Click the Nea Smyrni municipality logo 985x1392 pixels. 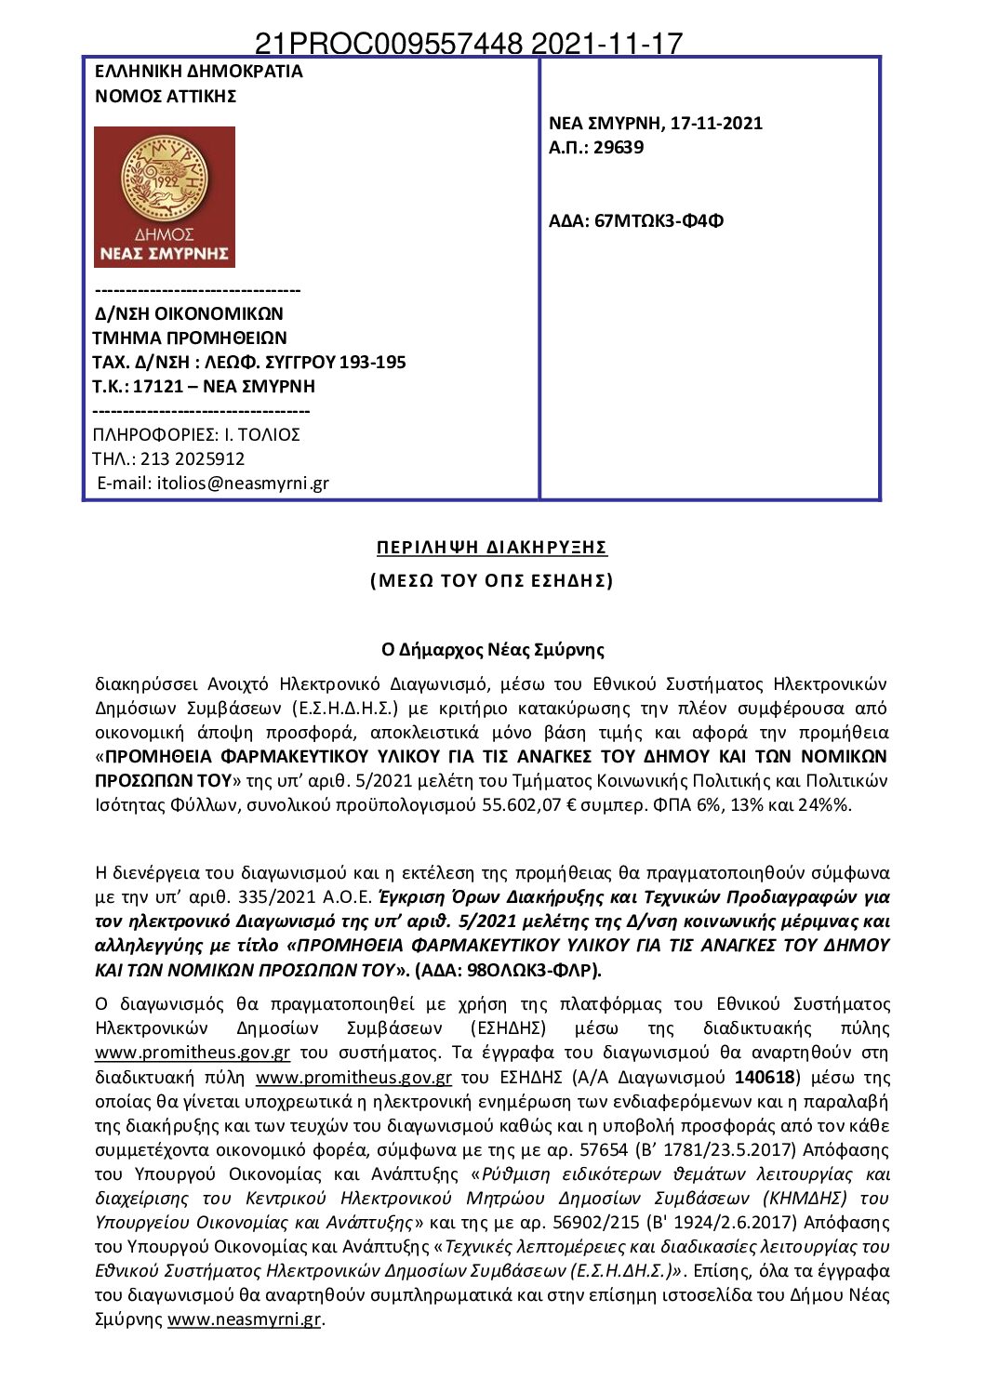tap(165, 197)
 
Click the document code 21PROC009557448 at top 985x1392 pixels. tap(388, 44)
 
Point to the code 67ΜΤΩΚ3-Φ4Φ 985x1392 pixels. tap(659, 220)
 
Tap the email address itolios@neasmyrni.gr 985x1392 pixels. tap(243, 483)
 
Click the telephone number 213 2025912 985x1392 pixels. tap(193, 458)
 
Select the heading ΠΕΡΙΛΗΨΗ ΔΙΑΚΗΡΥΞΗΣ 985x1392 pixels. tap(491, 547)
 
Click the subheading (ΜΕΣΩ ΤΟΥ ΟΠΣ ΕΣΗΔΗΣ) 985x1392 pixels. tap(491, 580)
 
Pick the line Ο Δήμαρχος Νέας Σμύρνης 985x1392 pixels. tap(492, 649)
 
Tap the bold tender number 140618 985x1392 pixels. tap(765, 1077)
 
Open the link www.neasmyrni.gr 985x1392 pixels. tap(244, 1319)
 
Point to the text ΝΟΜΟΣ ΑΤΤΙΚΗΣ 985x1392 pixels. tap(166, 96)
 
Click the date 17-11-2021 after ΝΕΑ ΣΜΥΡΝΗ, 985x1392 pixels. tap(716, 123)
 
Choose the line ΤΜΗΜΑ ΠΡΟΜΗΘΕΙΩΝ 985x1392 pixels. tap(190, 338)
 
